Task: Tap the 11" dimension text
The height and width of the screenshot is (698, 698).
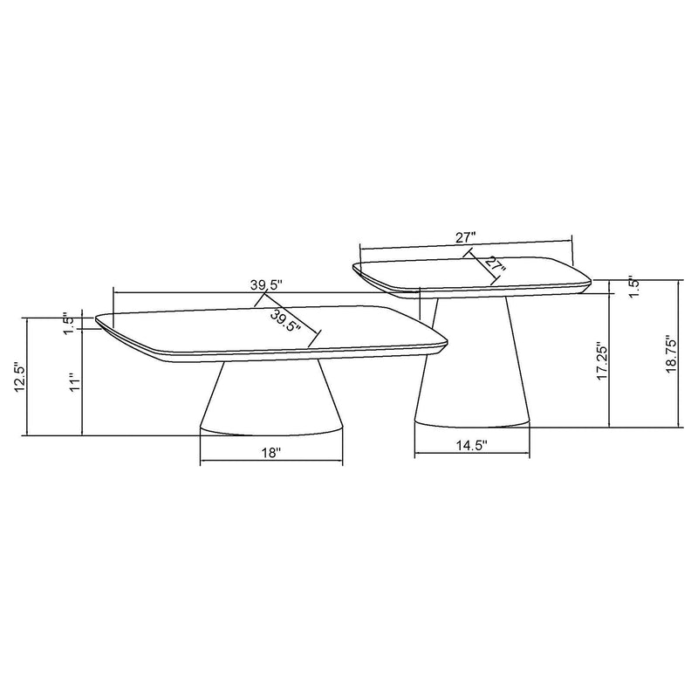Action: pos(76,383)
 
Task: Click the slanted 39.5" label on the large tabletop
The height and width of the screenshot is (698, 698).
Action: pos(286,320)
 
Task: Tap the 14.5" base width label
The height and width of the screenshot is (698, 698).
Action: pos(471,445)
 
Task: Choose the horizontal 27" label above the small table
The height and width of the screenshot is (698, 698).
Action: pos(465,236)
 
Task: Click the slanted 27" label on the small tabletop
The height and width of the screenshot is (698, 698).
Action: pos(495,264)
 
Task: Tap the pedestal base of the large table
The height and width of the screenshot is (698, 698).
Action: pos(270,401)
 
